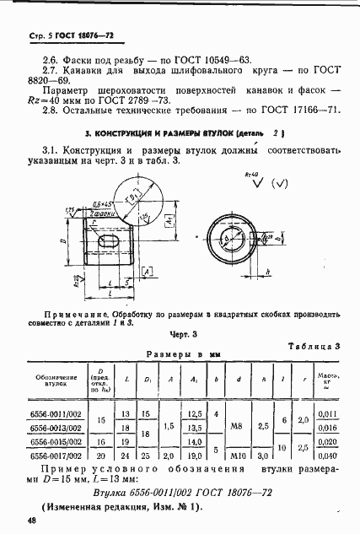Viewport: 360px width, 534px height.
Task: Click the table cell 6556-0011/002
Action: coord(57,413)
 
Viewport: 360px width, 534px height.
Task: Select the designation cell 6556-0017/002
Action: coord(57,455)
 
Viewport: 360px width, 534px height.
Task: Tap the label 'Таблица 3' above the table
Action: coord(312,346)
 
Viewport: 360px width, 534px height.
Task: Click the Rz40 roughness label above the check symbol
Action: coord(250,172)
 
